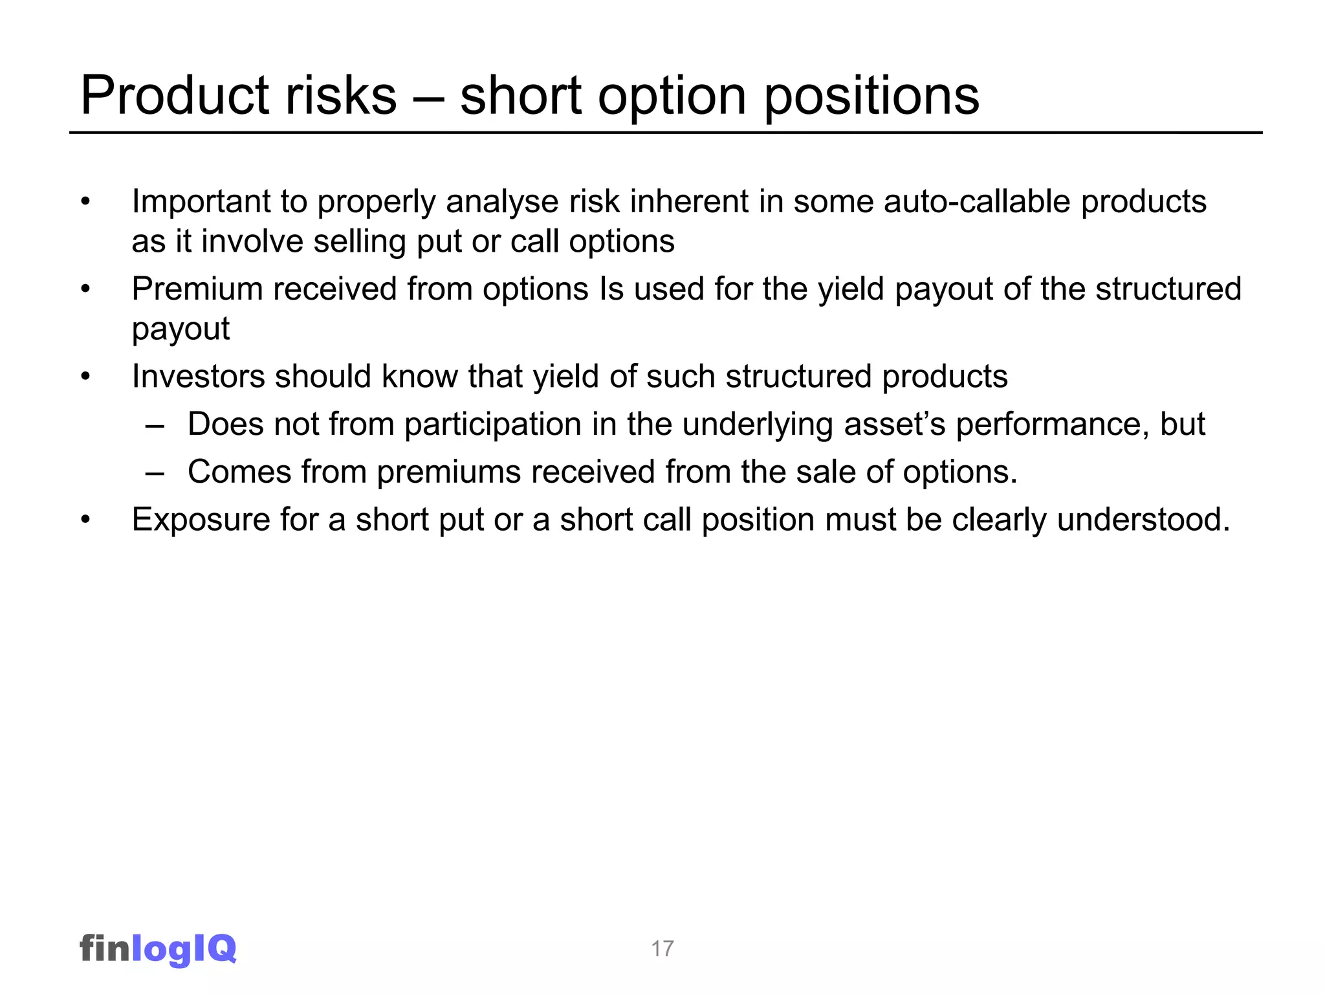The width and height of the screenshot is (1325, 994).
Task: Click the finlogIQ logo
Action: [158, 949]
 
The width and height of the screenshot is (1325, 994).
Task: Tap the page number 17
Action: [662, 949]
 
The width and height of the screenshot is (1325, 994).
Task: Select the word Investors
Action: [198, 376]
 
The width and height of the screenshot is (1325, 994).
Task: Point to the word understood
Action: [1143, 520]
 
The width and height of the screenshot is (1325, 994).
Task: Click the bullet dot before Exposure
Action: [85, 520]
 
